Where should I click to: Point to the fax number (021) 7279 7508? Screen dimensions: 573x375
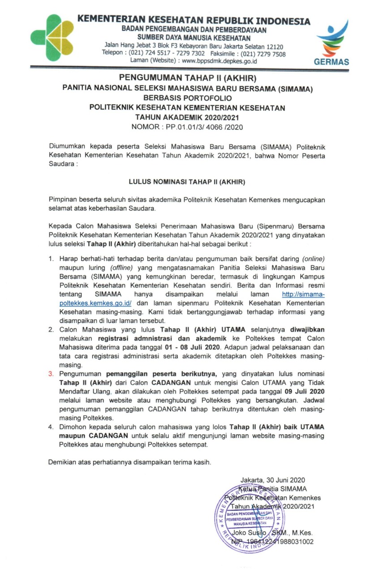tap(260, 53)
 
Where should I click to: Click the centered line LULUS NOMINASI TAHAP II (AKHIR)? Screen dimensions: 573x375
tap(187, 182)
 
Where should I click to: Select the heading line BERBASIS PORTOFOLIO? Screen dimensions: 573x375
tap(187, 98)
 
